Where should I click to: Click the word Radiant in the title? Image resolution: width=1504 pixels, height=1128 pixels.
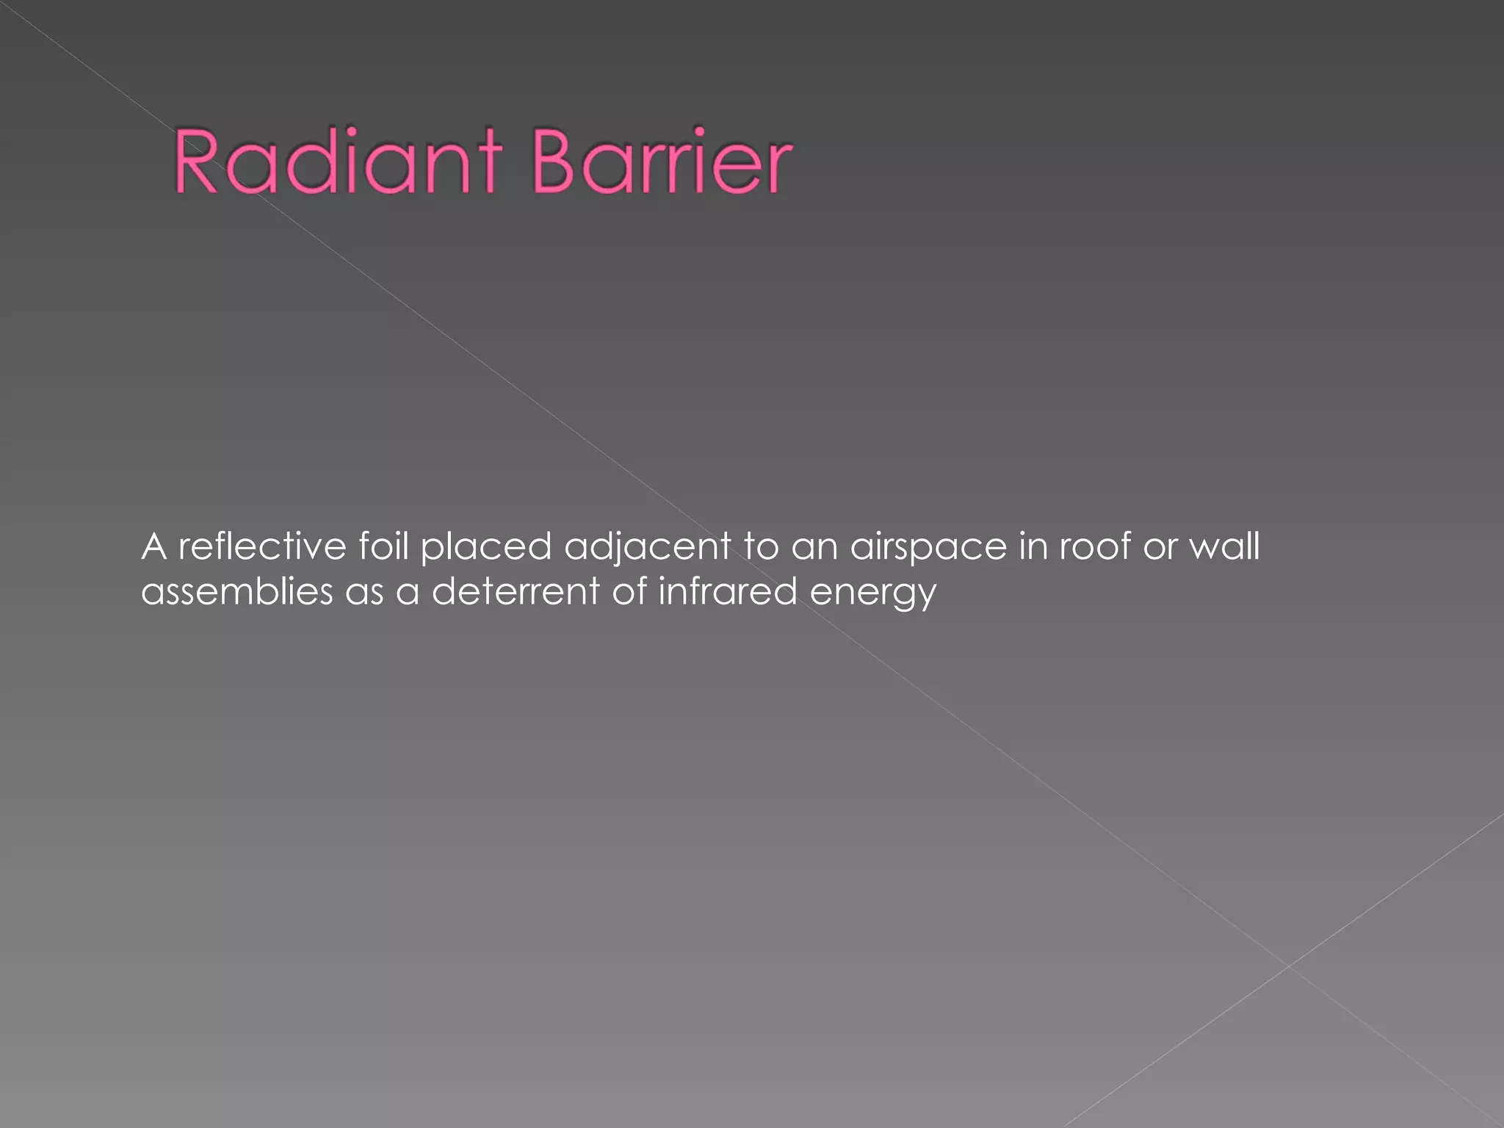tap(339, 161)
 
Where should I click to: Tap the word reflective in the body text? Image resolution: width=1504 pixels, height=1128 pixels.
tap(262, 546)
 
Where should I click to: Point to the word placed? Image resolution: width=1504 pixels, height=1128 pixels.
tap(486, 548)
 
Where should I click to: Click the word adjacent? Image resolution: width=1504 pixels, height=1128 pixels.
tap(648, 548)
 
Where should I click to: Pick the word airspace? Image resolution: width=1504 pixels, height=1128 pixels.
tap(928, 548)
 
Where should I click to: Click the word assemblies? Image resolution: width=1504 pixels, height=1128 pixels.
tap(237, 592)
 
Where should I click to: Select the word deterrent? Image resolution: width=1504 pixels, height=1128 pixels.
tap(516, 592)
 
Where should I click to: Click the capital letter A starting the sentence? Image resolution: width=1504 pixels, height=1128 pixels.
tap(153, 546)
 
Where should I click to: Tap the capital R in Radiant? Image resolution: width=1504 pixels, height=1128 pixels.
tap(196, 161)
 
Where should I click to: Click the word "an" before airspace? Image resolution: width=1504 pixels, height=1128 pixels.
tap(815, 548)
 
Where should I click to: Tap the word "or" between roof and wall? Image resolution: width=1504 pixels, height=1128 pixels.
tap(1160, 548)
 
